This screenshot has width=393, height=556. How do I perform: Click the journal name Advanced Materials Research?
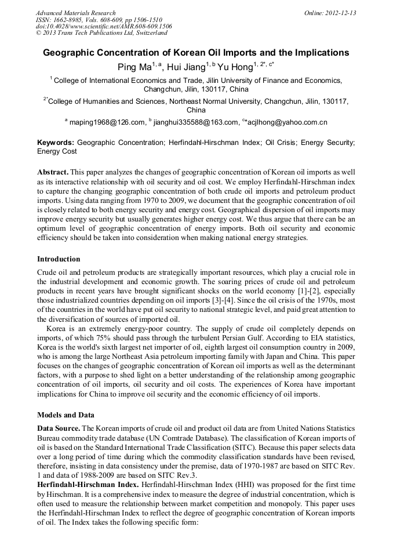pyautogui.click(x=75, y=13)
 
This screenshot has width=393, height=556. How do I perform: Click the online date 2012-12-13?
pyautogui.click(x=340, y=13)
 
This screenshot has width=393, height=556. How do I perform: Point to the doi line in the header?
pyautogui.click(x=104, y=26)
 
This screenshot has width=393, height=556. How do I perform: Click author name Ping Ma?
pyautogui.click(x=134, y=67)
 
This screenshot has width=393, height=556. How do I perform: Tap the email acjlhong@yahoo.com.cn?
pyautogui.click(x=288, y=122)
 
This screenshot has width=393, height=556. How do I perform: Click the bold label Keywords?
pyautogui.click(x=56, y=142)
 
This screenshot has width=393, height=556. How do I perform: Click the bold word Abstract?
pyautogui.click(x=54, y=172)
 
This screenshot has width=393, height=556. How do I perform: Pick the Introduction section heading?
pyautogui.click(x=59, y=259)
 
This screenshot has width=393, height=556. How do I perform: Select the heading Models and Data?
pyautogui.click(x=65, y=415)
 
